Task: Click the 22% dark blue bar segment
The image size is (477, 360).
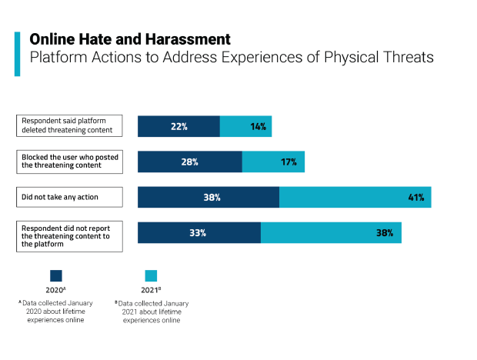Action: point(178,126)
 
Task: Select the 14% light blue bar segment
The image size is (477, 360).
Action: point(245,126)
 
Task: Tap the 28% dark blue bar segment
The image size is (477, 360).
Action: point(190,162)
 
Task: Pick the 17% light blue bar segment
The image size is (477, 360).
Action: point(273,162)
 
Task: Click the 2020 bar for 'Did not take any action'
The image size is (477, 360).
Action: point(208,197)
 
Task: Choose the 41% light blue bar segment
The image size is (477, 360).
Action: point(355,197)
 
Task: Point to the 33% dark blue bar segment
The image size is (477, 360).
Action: point(199,232)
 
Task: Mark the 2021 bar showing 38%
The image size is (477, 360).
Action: point(331,232)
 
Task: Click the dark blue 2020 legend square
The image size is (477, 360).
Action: point(56,275)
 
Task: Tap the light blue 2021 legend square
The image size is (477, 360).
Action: point(151,275)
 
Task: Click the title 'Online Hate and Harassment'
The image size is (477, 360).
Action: point(129,38)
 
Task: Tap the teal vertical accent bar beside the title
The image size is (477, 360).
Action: point(18,54)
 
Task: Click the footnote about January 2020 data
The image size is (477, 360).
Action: point(56,312)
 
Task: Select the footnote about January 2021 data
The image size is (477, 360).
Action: point(152,312)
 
